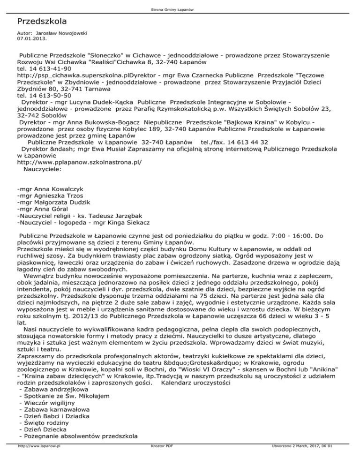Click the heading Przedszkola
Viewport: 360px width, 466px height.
pos(41,22)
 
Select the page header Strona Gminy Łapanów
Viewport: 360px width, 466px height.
pos(180,9)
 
